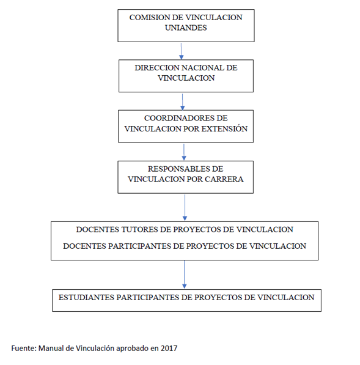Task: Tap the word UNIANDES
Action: pyautogui.click(x=186, y=28)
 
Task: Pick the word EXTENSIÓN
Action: pyautogui.click(x=224, y=129)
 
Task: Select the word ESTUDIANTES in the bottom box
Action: pyautogui.click(x=86, y=298)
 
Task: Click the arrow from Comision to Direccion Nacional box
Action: pyautogui.click(x=182, y=51)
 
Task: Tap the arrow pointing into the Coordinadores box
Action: pyautogui.click(x=182, y=102)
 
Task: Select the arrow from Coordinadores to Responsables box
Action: pyautogui.click(x=184, y=152)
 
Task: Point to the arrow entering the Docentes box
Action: pyautogui.click(x=185, y=208)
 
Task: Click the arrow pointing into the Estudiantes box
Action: pyautogui.click(x=185, y=275)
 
